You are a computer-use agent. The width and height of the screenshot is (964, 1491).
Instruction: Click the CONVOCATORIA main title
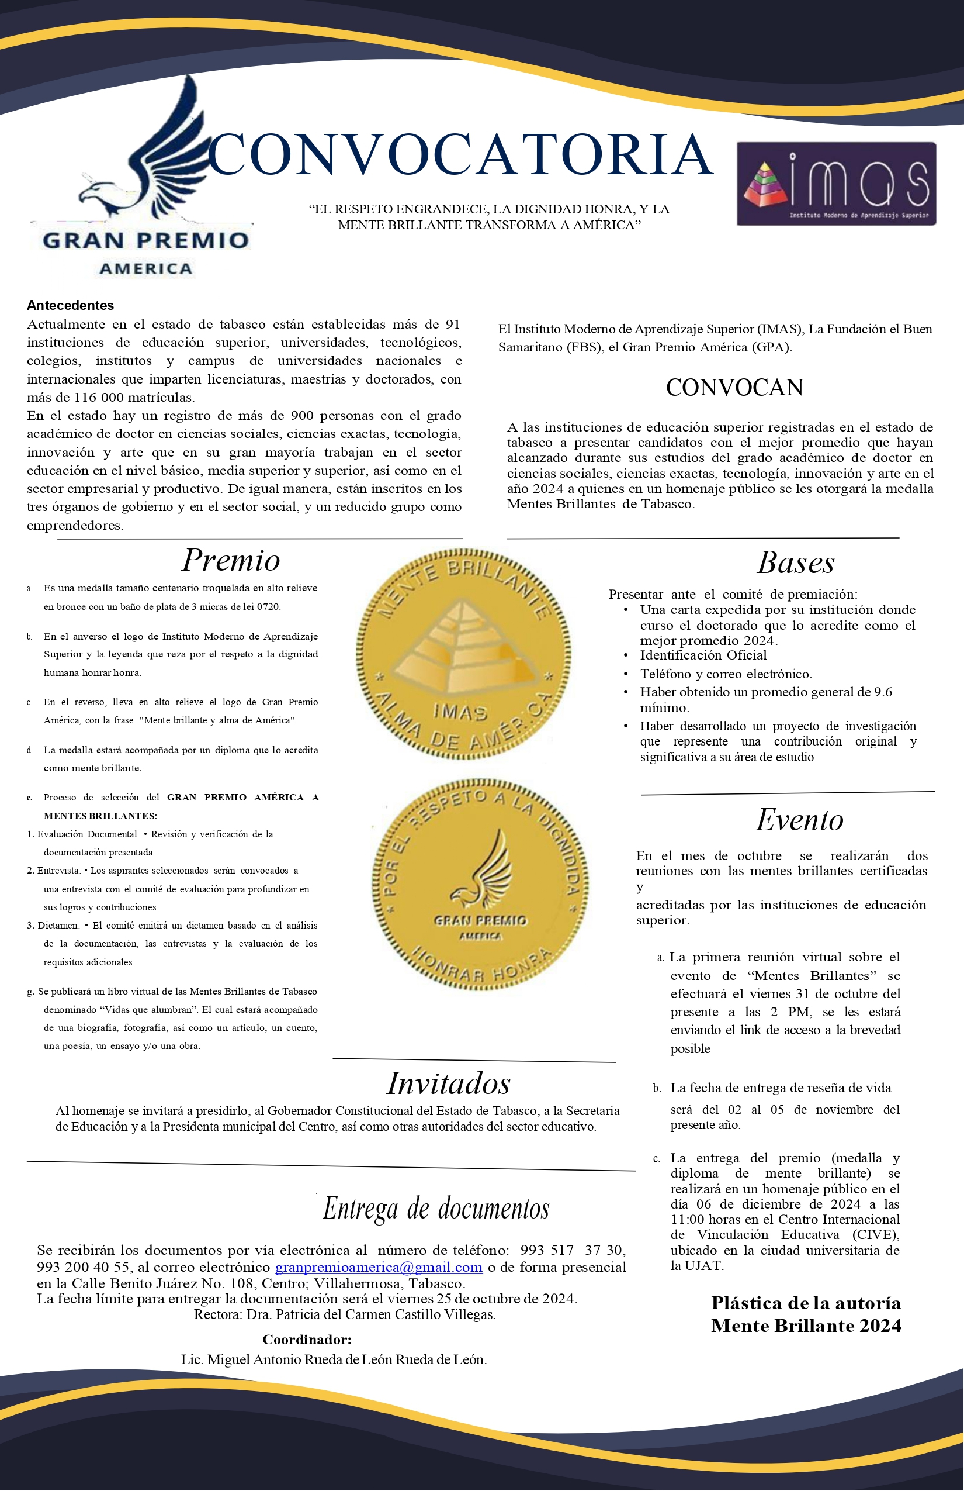coord(460,155)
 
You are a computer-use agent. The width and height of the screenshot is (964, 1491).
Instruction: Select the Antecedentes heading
coord(70,306)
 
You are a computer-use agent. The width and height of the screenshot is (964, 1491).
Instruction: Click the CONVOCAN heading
coord(734,388)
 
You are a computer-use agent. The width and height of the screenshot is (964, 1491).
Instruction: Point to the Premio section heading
coord(230,560)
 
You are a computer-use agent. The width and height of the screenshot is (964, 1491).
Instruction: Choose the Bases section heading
coord(796,562)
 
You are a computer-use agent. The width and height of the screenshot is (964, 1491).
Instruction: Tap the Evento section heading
coord(799,820)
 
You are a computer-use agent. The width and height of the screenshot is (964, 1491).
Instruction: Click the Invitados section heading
coord(448,1083)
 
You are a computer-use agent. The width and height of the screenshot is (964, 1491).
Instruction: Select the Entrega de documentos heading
coord(436,1209)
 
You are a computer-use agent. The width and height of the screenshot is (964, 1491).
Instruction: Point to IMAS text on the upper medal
coord(460,712)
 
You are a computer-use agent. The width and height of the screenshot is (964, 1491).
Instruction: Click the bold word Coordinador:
coord(307,1340)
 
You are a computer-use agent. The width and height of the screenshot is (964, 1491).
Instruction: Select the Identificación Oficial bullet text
coord(703,655)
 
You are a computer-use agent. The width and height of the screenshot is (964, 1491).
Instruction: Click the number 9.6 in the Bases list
coord(883,692)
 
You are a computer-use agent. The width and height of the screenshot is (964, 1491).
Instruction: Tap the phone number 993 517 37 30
coord(571,1251)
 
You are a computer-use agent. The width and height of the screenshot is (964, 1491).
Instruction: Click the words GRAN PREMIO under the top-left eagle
coord(146,240)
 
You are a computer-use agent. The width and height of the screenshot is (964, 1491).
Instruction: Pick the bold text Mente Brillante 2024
coord(806,1326)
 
